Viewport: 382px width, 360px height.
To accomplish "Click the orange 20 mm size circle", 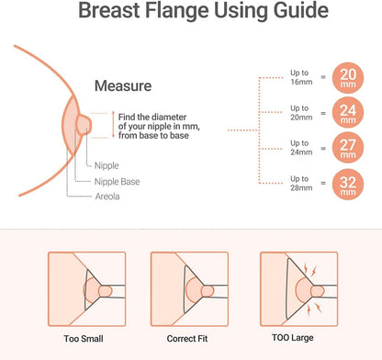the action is pyautogui.click(x=348, y=78).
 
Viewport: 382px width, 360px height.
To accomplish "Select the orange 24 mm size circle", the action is pyautogui.click(x=348, y=113).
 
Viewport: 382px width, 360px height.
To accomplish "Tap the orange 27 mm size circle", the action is pyautogui.click(x=348, y=148).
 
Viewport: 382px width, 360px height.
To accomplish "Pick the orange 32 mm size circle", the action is pyautogui.click(x=348, y=185).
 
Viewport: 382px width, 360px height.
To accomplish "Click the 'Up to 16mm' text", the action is pyautogui.click(x=301, y=77).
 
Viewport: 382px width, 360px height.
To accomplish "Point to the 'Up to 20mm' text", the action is pyautogui.click(x=301, y=113).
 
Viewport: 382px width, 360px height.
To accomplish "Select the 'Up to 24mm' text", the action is pyautogui.click(x=301, y=148).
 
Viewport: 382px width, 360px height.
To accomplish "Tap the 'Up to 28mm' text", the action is pyautogui.click(x=301, y=183).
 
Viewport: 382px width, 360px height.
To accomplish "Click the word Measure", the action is pyautogui.click(x=123, y=85).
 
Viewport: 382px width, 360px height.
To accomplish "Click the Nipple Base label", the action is pyautogui.click(x=118, y=182).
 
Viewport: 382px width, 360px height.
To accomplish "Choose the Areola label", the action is pyautogui.click(x=107, y=197).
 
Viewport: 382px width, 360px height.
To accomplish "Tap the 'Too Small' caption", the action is pyautogui.click(x=84, y=339).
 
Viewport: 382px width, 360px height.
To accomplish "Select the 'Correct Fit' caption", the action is pyautogui.click(x=187, y=339).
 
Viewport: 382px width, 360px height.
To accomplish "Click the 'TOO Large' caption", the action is pyautogui.click(x=293, y=338).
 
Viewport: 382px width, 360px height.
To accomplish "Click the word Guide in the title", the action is pyautogui.click(x=301, y=10).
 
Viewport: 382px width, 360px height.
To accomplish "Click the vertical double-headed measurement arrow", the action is pyautogui.click(x=113, y=124).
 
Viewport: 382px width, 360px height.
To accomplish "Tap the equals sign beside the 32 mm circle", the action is pyautogui.click(x=323, y=183).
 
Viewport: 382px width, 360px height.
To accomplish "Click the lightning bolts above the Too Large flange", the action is pyautogui.click(x=309, y=269).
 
